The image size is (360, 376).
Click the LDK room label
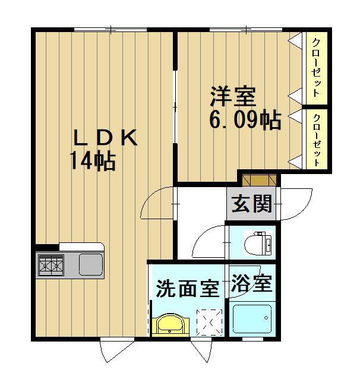tap(105, 138)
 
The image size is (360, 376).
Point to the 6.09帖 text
tap(244, 121)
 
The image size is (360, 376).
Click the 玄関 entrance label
tap(251, 204)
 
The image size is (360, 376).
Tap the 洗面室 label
tap(187, 290)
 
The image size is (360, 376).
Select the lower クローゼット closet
tap(316, 139)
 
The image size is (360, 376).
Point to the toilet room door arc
tap(209, 241)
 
